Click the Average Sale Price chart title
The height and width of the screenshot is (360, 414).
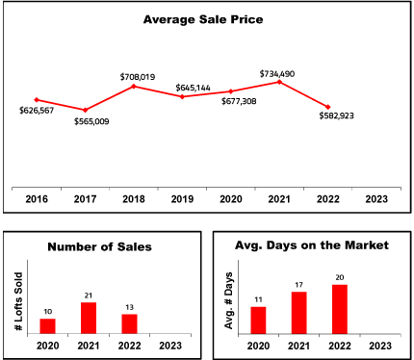point(203,19)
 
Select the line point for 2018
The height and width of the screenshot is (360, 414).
point(134,86)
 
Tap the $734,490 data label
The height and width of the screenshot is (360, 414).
point(277,74)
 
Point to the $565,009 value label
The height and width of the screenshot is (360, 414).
point(91,121)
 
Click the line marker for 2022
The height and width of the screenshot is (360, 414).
point(327,107)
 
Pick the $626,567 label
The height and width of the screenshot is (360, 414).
point(37,111)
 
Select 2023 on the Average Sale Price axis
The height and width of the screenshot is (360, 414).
point(376,199)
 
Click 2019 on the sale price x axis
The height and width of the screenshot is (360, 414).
point(182,199)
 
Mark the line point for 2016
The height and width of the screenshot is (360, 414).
point(37,100)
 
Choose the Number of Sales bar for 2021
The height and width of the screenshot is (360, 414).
point(89,318)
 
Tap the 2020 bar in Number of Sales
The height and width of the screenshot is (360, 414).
point(47,326)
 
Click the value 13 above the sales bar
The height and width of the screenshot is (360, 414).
point(129,307)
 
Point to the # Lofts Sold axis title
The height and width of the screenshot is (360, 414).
point(19,301)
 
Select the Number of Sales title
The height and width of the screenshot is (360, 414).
point(99,246)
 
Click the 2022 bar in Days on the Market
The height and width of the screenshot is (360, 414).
point(340,309)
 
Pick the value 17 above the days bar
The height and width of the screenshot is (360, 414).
point(298,285)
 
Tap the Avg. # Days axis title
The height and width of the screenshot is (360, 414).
point(228,300)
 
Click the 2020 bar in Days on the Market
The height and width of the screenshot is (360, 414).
point(258,321)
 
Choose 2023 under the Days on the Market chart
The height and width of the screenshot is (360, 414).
point(380,346)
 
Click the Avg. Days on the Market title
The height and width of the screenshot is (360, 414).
point(312,245)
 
